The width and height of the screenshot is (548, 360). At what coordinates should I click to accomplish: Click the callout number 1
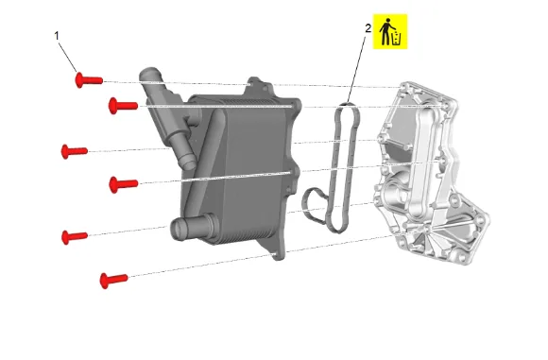[57, 36]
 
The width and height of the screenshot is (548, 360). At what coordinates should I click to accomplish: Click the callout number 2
[368, 28]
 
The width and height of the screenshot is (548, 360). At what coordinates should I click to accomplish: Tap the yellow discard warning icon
[390, 31]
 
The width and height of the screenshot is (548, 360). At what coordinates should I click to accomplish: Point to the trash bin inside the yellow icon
[397, 38]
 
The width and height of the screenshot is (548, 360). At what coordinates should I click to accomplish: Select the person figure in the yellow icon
[385, 31]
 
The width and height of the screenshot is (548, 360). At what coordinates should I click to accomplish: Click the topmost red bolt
[89, 80]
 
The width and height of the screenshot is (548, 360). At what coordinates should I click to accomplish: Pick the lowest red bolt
[113, 280]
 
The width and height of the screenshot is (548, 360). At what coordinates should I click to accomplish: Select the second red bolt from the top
[123, 106]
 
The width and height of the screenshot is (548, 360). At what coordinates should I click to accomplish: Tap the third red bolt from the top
[74, 151]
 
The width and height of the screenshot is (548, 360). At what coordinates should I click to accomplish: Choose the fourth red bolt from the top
[124, 184]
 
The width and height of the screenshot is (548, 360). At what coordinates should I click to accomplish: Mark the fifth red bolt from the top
[74, 236]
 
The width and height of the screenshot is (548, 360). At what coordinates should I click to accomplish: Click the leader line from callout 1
[67, 57]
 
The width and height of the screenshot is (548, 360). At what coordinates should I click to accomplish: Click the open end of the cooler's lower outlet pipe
[178, 230]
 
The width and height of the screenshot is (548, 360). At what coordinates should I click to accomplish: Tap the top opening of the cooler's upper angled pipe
[149, 74]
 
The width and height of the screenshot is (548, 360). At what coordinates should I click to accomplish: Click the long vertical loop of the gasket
[344, 168]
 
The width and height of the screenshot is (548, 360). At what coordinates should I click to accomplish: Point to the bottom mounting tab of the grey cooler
[277, 251]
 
